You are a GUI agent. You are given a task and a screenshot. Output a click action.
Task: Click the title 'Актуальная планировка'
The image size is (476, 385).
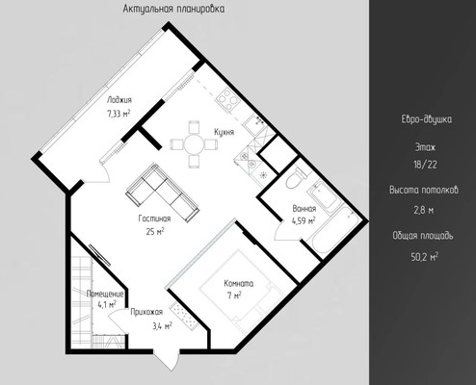173,9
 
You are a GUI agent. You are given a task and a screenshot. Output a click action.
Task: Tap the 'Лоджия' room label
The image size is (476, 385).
119,100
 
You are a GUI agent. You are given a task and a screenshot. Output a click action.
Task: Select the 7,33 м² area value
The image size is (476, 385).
119,114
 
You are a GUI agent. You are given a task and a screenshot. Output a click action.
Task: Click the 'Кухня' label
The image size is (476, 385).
225,132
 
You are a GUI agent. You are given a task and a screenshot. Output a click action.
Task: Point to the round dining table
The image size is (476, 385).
195,144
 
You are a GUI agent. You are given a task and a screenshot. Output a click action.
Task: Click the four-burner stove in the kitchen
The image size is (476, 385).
227,100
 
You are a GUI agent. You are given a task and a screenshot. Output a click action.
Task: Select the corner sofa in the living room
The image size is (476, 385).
163,192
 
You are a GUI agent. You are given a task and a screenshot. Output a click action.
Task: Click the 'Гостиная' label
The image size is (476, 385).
154,218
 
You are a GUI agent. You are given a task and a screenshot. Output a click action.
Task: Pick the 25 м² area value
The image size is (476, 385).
155,231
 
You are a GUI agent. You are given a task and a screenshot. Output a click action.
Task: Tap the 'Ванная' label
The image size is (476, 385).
304,209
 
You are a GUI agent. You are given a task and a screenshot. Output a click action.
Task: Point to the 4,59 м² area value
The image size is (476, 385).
304,220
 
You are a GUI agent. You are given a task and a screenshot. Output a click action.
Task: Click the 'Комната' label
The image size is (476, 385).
239,284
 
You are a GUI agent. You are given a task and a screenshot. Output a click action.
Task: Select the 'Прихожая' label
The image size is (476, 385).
146,312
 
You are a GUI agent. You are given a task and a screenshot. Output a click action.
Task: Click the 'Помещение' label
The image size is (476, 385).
105,294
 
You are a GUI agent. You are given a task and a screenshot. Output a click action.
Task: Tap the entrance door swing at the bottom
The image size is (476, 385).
167,359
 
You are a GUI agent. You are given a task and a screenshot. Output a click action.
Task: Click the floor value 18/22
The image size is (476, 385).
425,165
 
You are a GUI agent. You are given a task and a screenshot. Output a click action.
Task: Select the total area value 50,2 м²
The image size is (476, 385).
425,257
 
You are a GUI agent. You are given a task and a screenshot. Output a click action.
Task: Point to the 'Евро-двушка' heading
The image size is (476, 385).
426,119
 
